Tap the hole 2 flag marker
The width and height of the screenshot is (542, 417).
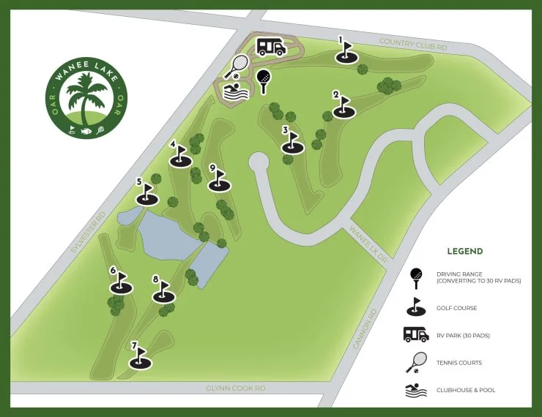coord(343,108)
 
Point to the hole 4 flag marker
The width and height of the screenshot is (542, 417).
coord(179,157)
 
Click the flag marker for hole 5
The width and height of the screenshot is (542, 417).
coord(146,195)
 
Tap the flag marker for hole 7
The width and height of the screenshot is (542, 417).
coord(140,358)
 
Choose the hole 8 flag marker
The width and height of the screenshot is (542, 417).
coord(163,292)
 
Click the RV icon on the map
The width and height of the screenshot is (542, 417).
coord(271,48)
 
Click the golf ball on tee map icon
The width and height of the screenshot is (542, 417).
coord(263,80)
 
